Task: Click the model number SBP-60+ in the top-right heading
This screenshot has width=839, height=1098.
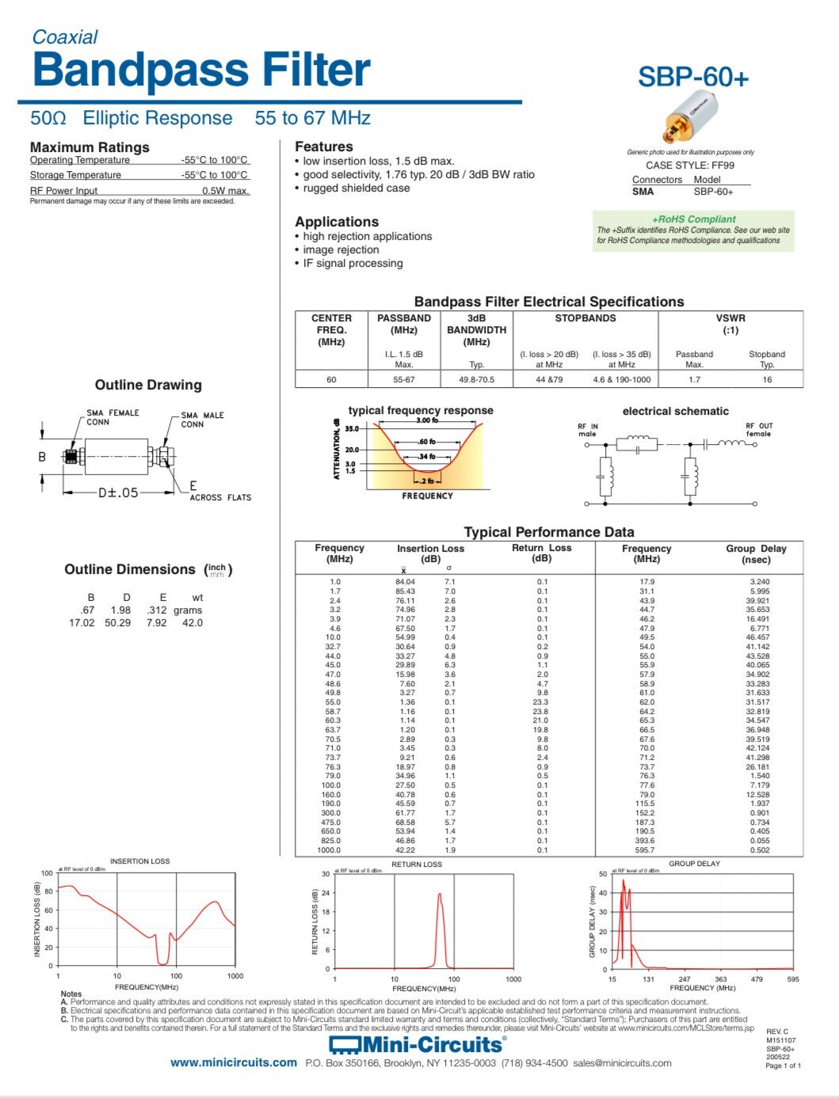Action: pyautogui.click(x=692, y=77)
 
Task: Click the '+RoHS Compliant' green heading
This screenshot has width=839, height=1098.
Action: pyautogui.click(x=693, y=219)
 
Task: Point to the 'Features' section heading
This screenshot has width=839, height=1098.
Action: pyautogui.click(x=324, y=146)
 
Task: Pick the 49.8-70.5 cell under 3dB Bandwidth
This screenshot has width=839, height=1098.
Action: pyautogui.click(x=476, y=379)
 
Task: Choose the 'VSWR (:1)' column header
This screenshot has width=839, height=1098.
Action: pyautogui.click(x=730, y=324)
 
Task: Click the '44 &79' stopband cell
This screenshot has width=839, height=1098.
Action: pyautogui.click(x=549, y=379)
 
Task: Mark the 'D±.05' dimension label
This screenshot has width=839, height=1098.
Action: pyautogui.click(x=118, y=492)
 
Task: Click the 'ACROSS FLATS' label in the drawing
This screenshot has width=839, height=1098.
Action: pyautogui.click(x=220, y=497)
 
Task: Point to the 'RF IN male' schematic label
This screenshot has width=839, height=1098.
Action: pyautogui.click(x=588, y=430)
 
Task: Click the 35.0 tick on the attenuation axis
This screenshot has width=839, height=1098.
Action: pyautogui.click(x=351, y=428)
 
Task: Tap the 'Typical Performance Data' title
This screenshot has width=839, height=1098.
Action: pyautogui.click(x=548, y=532)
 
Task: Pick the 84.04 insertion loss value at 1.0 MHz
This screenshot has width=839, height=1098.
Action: pyautogui.click(x=405, y=582)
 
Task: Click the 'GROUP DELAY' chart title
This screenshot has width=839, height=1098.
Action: pyautogui.click(x=694, y=864)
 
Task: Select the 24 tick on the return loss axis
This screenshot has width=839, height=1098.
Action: pyautogui.click(x=325, y=893)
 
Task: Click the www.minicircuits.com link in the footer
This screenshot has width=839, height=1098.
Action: pyautogui.click(x=233, y=1062)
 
